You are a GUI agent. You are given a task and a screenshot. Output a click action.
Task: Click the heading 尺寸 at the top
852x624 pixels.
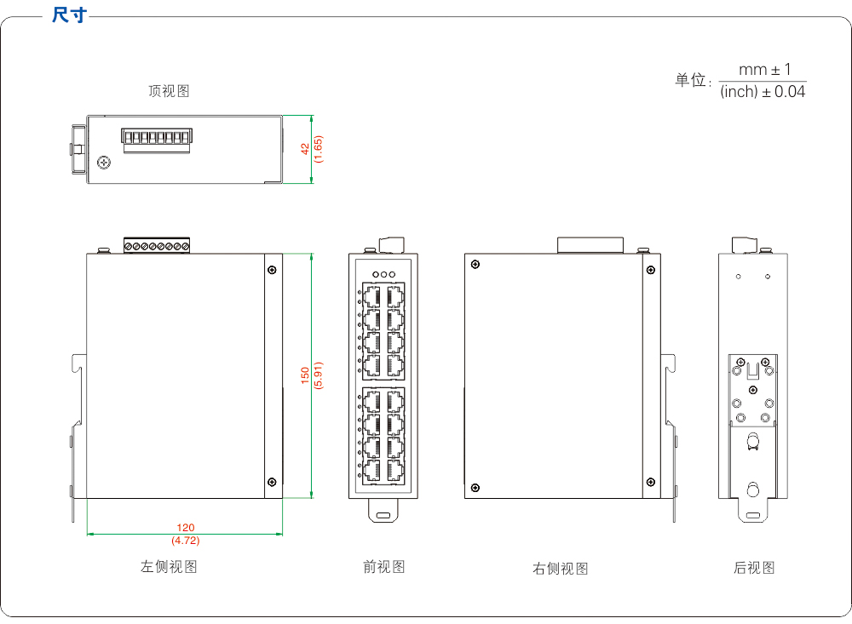pyautogui.click(x=68, y=15)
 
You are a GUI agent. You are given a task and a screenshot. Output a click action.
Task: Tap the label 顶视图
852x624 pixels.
pyautogui.click(x=169, y=91)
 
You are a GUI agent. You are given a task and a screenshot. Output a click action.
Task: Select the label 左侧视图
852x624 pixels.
pyautogui.click(x=169, y=566)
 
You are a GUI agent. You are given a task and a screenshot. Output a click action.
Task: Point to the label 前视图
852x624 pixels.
pyautogui.click(x=384, y=566)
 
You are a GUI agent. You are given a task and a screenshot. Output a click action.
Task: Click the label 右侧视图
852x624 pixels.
pyautogui.click(x=560, y=569)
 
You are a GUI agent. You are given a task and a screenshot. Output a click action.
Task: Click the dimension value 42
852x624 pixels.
pyautogui.click(x=305, y=148)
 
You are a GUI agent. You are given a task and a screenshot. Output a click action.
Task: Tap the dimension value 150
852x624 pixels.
pyautogui.click(x=305, y=375)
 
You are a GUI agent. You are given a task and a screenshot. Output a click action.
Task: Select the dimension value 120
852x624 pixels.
pyautogui.click(x=186, y=529)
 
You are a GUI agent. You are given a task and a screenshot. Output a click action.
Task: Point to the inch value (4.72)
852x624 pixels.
pyautogui.click(x=186, y=541)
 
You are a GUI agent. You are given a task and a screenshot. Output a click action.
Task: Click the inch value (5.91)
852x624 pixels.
pyautogui.click(x=319, y=375)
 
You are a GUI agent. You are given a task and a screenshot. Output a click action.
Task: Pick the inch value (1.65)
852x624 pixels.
pyautogui.click(x=319, y=149)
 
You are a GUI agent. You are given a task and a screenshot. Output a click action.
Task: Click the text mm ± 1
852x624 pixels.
pyautogui.click(x=764, y=70)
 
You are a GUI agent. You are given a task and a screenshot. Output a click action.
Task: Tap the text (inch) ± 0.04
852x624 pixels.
pyautogui.click(x=763, y=91)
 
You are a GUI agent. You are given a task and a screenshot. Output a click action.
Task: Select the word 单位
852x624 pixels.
pyautogui.click(x=691, y=80)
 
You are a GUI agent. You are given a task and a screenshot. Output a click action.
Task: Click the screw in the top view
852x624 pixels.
pyautogui.click(x=105, y=162)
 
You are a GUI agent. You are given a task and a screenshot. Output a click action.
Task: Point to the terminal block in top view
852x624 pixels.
pyautogui.click(x=156, y=140)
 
